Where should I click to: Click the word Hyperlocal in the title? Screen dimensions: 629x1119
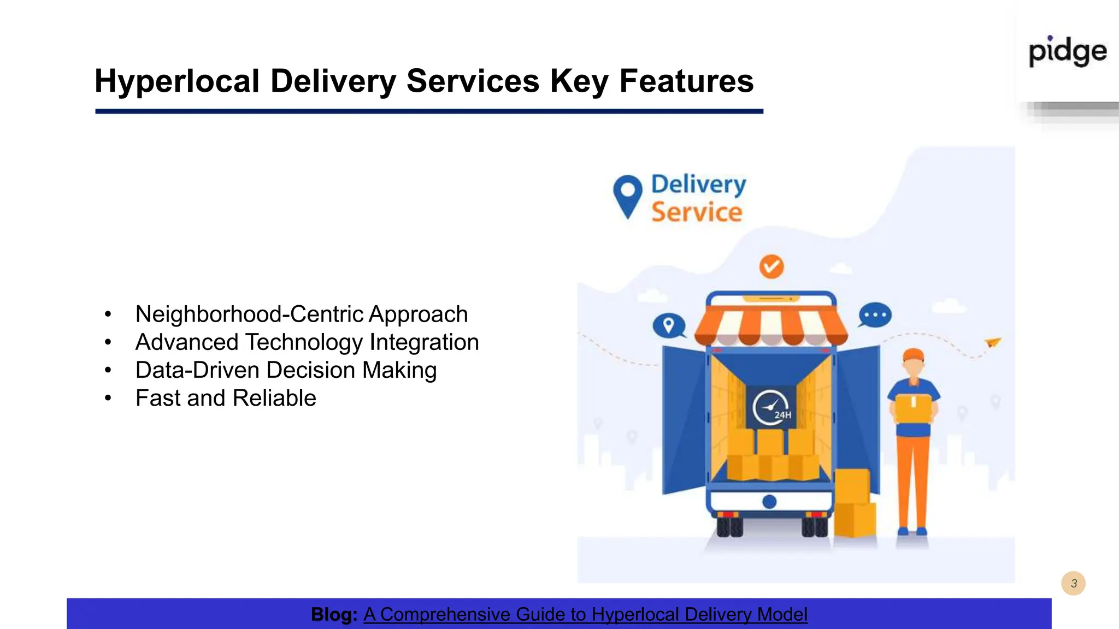[x=176, y=82]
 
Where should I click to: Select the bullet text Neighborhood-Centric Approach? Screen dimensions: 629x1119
[x=301, y=314]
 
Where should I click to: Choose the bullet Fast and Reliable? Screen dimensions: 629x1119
[x=226, y=398]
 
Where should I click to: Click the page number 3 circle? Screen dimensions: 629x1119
[x=1073, y=583]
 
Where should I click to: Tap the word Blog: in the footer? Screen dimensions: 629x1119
[x=334, y=615]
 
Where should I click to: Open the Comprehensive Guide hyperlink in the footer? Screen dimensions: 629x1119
[x=585, y=615]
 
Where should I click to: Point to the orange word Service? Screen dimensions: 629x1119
[x=697, y=212]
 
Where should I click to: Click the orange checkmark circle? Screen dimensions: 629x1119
[x=771, y=266]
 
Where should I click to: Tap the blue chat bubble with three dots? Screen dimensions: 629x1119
[x=875, y=315]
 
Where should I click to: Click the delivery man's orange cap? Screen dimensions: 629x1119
[x=913, y=355]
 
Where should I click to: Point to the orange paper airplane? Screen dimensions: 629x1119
[x=993, y=342]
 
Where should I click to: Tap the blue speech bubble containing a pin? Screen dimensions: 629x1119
[x=669, y=326]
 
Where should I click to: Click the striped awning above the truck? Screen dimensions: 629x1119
[x=771, y=325]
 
